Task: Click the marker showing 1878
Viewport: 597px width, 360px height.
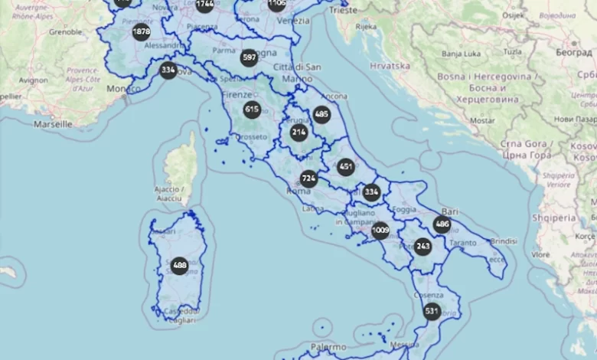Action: pos(141,32)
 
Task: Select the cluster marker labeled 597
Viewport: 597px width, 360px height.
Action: pos(249,57)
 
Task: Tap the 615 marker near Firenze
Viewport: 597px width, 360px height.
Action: pos(252,110)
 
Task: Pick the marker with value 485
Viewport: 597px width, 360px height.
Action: pos(321,115)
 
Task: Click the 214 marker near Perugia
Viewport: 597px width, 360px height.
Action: pos(298,133)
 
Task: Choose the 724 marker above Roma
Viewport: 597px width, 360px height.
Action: pos(308,178)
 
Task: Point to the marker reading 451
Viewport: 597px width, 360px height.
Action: pos(346,167)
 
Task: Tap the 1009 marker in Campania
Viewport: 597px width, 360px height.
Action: pos(380,231)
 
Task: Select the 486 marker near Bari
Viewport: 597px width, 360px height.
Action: pos(442,224)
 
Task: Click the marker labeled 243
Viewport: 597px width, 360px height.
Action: pos(422,246)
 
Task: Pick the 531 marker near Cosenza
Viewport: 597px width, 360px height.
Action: pos(432,311)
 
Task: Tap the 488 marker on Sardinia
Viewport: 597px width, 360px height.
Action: pos(179,266)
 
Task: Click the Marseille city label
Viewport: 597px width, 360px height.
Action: pos(53,123)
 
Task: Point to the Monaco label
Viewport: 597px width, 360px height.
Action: pos(123,89)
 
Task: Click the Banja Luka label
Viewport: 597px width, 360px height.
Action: pos(462,54)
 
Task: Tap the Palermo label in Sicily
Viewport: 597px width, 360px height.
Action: pos(328,346)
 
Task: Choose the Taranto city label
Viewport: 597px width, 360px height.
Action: pos(464,242)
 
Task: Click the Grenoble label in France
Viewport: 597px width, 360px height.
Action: pos(65,32)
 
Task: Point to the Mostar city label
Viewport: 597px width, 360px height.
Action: pos(482,120)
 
